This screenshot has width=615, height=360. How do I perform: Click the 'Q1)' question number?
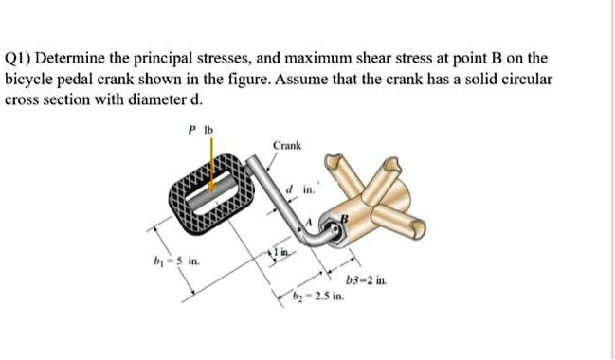pos(21,57)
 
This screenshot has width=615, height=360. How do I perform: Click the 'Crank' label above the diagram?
pos(287,145)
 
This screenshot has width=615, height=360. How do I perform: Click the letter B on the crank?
pos(345,218)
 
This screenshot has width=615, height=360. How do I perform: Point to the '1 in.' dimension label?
pos(283,249)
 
